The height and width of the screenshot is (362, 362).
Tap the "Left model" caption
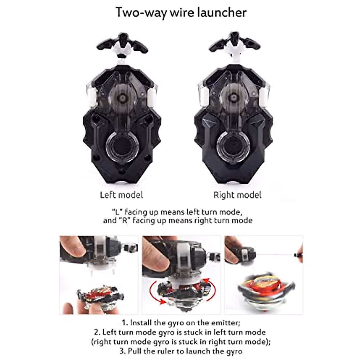coord(121,195)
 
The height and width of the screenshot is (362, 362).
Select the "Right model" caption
coord(237,195)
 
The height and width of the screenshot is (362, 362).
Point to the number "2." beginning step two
coord(97,332)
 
